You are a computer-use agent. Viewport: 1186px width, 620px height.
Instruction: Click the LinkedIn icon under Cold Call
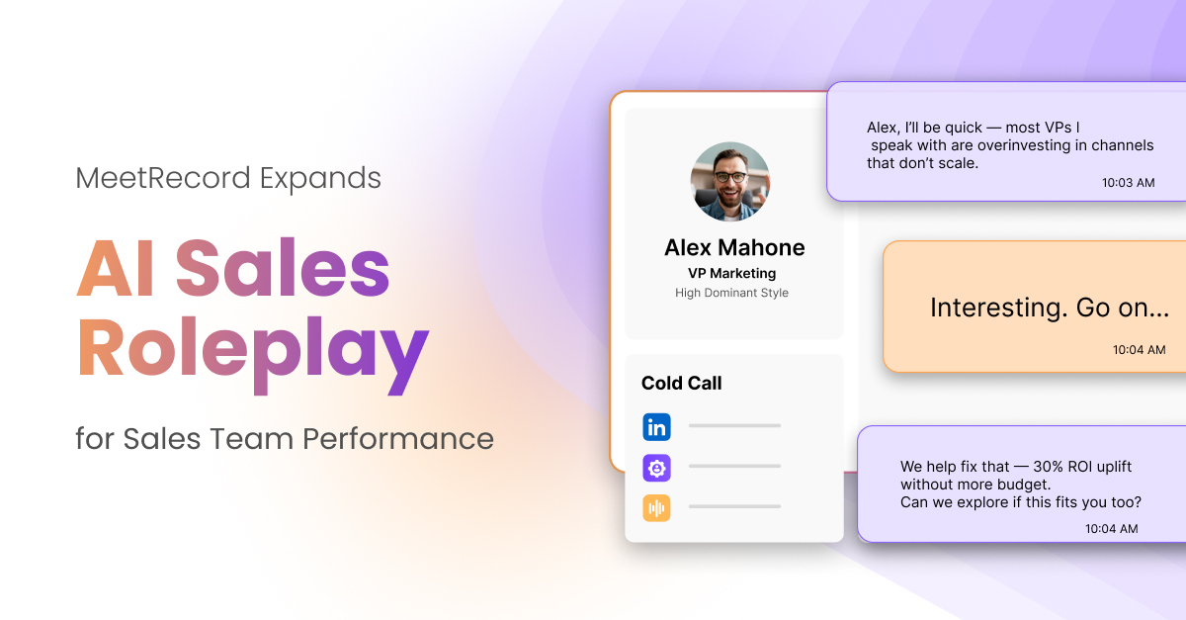[656, 427]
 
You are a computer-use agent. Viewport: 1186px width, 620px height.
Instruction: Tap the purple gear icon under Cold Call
[656, 468]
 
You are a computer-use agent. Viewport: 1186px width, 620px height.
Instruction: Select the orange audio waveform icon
[656, 508]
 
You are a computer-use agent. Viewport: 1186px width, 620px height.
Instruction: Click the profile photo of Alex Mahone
[730, 181]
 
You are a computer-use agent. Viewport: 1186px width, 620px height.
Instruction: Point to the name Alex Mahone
[734, 248]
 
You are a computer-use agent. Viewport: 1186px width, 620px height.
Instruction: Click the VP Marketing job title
[731, 274]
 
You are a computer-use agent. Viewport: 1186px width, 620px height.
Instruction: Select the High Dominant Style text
[731, 293]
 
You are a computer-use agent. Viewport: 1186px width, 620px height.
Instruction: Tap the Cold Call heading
[681, 383]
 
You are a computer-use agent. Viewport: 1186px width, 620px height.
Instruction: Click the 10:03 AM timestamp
[1129, 183]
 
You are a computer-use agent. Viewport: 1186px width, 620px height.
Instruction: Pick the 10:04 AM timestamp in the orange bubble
[1139, 350]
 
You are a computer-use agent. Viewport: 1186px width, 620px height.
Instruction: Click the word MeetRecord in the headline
[162, 178]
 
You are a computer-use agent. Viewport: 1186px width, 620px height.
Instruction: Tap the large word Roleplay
[253, 352]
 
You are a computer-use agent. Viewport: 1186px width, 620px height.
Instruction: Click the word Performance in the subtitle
[397, 439]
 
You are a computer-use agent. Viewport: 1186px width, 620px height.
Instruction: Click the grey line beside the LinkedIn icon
[734, 425]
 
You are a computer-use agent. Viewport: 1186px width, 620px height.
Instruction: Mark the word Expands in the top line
[320, 179]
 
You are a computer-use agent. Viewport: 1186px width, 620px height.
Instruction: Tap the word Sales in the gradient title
[283, 268]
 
